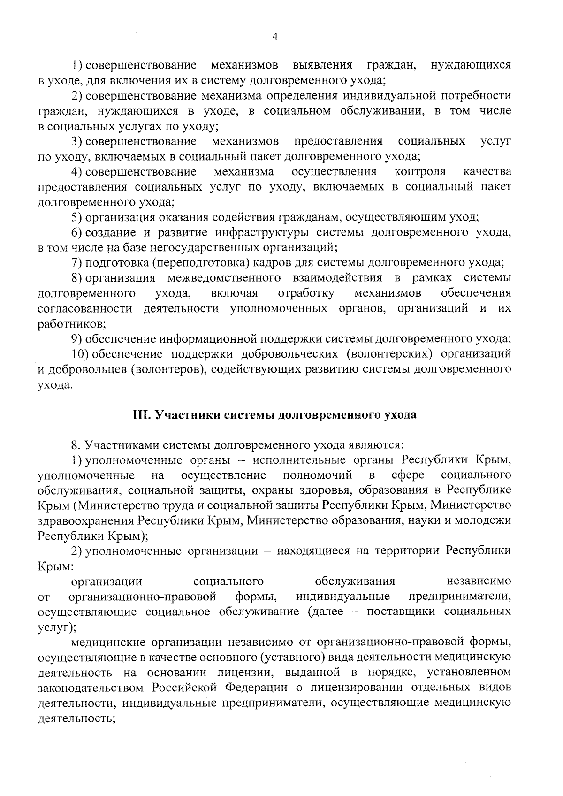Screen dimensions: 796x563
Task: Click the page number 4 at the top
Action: tap(275, 37)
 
